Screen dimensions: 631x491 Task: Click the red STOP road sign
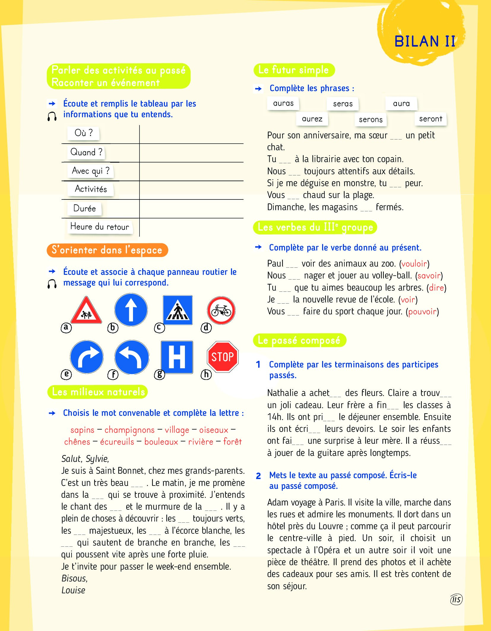pos(222,356)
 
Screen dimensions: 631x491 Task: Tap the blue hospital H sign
pos(177,357)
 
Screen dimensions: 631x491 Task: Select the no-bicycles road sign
pos(221,310)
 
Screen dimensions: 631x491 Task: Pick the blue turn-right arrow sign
pos(87,357)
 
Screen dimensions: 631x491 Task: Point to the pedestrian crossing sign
pos(178,310)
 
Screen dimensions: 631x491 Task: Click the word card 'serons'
pos(370,120)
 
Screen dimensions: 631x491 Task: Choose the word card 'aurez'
pos(312,119)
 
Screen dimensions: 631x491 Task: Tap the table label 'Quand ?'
pos(86,152)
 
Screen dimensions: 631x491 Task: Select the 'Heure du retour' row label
pos(99,227)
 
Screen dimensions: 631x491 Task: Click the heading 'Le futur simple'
pos(294,70)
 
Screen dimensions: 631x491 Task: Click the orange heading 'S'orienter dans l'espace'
pos(107,250)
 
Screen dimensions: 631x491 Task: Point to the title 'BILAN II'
pos(425,41)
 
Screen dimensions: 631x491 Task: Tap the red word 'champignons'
pos(129,430)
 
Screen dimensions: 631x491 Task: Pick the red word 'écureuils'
pos(117,442)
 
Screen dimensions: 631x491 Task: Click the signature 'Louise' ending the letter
pos(73,590)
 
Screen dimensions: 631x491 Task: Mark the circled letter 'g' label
pos(159,374)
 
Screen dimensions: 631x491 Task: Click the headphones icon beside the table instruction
pos(52,116)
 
